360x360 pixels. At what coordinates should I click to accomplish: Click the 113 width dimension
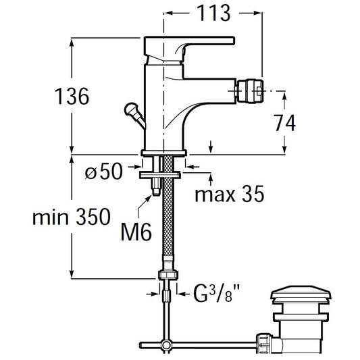click(213, 14)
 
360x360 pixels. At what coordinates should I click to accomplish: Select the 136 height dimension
click(72, 97)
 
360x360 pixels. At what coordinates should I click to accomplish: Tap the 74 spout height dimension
click(285, 123)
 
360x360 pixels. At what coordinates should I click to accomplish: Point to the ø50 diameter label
click(104, 171)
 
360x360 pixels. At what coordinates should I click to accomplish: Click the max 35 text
click(230, 194)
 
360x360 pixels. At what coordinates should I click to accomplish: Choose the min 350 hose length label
click(72, 217)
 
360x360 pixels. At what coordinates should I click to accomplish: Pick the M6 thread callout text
click(136, 232)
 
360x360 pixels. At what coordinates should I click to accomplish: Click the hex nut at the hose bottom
click(168, 275)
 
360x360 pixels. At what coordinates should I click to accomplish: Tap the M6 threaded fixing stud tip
click(156, 191)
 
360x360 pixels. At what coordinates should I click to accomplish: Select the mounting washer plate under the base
click(160, 175)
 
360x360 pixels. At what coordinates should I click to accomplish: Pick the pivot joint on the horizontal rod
click(166, 344)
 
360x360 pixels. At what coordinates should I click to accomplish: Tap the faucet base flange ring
click(164, 153)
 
